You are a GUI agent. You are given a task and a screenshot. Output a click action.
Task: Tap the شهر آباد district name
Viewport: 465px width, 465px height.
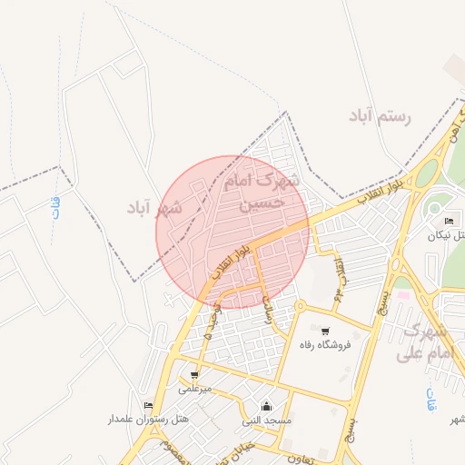click(x=153, y=209)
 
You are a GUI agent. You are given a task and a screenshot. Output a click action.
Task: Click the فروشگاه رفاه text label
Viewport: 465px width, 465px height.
click(x=324, y=345)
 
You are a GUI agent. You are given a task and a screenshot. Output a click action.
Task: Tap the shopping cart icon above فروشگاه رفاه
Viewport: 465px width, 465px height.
click(x=324, y=331)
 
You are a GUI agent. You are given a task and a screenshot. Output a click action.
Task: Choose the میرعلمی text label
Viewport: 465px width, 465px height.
click(x=194, y=389)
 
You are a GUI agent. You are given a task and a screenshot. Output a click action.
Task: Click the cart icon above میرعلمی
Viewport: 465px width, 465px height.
click(x=194, y=374)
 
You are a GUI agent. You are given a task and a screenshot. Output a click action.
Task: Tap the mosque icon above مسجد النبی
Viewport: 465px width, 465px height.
click(x=266, y=405)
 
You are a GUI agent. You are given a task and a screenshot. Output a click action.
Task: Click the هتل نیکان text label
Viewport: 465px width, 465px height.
click(x=449, y=235)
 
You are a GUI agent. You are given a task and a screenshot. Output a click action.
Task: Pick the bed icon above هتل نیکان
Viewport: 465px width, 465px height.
click(x=449, y=221)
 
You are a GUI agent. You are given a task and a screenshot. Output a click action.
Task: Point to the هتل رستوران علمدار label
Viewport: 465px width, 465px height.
click(x=148, y=420)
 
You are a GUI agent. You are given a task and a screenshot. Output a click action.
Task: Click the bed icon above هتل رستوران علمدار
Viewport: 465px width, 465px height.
click(x=148, y=405)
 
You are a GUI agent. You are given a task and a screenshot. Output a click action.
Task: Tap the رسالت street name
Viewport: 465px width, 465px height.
click(x=267, y=309)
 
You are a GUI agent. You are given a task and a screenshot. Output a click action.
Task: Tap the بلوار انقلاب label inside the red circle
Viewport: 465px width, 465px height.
click(x=232, y=262)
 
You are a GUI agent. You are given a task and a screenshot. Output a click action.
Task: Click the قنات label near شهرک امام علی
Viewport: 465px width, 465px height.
click(x=430, y=399)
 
